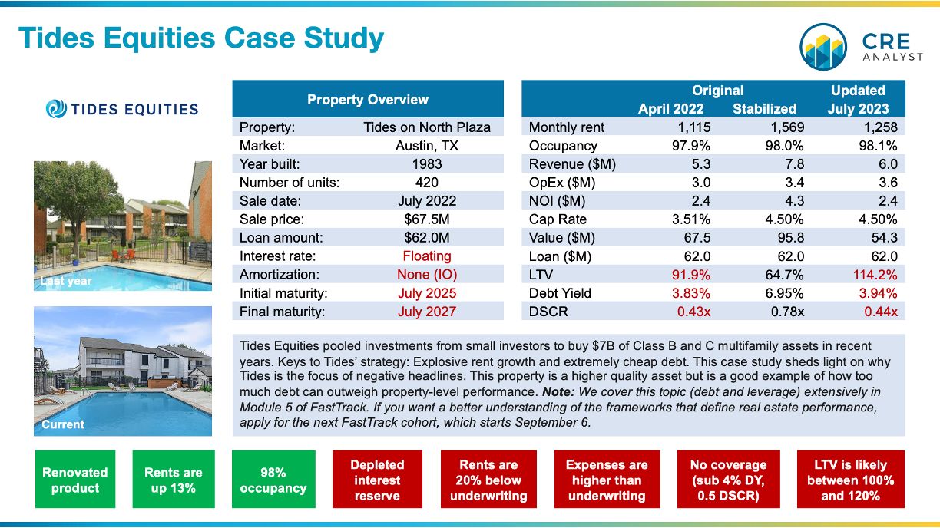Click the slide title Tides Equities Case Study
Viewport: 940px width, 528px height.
coord(200,38)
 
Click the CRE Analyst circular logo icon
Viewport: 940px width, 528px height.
coord(823,46)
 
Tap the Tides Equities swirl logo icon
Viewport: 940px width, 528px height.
coord(56,109)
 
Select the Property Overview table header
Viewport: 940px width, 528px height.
coord(368,100)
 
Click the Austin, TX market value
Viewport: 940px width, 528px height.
coord(427,146)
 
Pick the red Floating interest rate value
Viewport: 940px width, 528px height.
coord(427,256)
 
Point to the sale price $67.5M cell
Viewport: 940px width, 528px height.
coord(427,219)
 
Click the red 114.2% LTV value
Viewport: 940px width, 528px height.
coord(875,275)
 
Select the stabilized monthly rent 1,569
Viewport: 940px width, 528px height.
coord(783,127)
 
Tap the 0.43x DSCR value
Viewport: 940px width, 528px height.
coord(693,312)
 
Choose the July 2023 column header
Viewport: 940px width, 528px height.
coord(858,109)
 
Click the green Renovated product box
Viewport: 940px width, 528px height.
coord(75,480)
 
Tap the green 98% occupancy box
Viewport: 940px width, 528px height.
coord(273,480)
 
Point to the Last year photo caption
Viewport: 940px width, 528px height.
coord(67,281)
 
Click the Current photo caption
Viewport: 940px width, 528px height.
coord(63,424)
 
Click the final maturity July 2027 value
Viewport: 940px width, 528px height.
coord(427,312)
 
